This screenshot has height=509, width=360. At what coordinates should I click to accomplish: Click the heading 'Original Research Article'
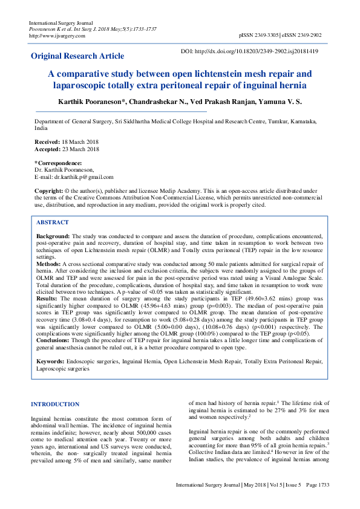click(x=77, y=56)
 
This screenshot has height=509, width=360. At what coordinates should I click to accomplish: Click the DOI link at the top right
click(x=258, y=51)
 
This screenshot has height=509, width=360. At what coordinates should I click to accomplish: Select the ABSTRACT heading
click(x=52, y=222)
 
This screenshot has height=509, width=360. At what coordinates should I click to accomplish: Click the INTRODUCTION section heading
click(x=55, y=404)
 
